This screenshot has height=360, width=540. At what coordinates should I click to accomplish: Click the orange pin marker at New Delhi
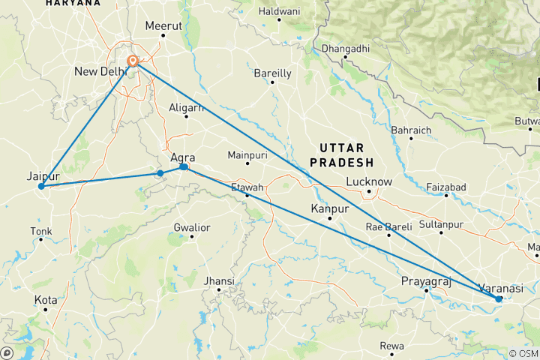click(x=133, y=61)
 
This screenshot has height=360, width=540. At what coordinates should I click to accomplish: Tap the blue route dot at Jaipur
click(x=41, y=186)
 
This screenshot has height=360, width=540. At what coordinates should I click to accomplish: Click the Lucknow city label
click(x=369, y=181)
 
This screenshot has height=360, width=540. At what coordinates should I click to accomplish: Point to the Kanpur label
click(x=331, y=209)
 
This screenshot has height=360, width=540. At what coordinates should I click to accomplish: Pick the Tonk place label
click(x=41, y=231)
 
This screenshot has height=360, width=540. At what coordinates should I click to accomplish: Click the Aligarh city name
click(x=187, y=107)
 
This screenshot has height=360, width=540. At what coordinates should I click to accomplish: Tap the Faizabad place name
click(x=445, y=187)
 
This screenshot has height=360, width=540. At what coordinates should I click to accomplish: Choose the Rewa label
click(x=391, y=346)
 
